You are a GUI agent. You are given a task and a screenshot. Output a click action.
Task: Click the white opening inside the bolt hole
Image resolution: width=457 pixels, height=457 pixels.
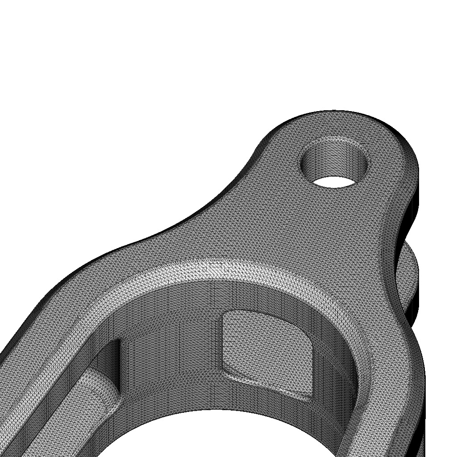[x=334, y=181]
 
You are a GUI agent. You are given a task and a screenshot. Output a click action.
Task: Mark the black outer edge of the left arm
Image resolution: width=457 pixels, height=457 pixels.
[x=27, y=321]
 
